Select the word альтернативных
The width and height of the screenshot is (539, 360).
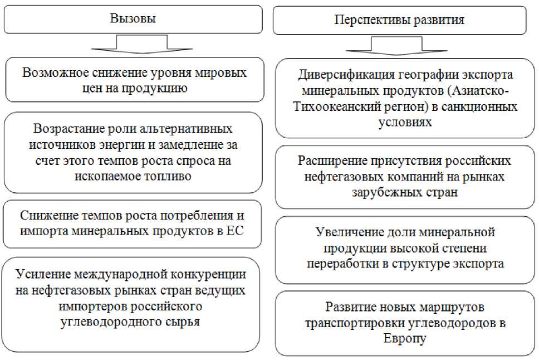185,129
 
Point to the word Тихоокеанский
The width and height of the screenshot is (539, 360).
334,106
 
